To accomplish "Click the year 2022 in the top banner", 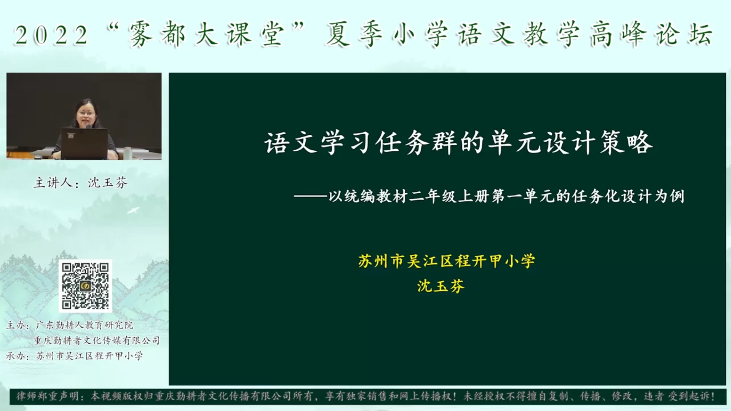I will click(51, 35).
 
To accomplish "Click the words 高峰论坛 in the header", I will click(651, 34).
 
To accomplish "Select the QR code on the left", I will click(85, 285).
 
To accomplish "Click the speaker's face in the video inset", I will click(86, 113).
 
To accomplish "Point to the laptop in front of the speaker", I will click(85, 144).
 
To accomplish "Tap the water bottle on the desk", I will click(128, 153).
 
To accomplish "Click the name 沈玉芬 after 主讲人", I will click(108, 183).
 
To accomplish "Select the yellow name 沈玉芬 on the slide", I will click(441, 286).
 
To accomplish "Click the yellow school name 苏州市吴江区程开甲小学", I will click(446, 261).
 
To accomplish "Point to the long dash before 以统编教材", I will click(310, 197).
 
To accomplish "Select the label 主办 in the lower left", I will click(16, 325).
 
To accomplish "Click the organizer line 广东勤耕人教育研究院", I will click(84, 325).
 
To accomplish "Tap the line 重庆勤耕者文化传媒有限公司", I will click(97, 341).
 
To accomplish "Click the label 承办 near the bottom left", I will click(16, 356).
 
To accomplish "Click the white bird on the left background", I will click(133, 210).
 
